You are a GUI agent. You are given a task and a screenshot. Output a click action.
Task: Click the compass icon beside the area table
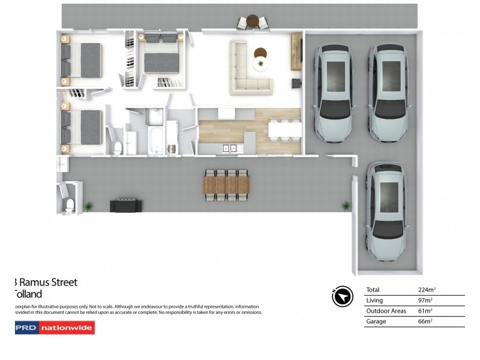[x=341, y=296]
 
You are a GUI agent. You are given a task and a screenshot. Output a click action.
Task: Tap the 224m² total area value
[x=425, y=290]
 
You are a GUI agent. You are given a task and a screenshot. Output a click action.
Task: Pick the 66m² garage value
[x=425, y=322]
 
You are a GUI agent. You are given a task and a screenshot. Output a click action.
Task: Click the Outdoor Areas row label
[x=386, y=311]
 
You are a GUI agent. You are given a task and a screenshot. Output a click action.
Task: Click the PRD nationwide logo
[x=55, y=328]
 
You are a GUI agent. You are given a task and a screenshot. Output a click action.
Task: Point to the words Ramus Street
[x=48, y=282]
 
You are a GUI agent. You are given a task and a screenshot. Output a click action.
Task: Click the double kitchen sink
[x=229, y=148]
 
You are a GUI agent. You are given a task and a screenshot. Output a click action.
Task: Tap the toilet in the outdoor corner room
[x=69, y=205]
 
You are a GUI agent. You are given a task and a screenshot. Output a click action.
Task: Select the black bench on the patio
[x=126, y=205]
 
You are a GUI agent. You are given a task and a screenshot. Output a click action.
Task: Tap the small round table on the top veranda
[x=253, y=21]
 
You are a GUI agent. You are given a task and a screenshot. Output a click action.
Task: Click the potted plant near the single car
[x=346, y=206]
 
